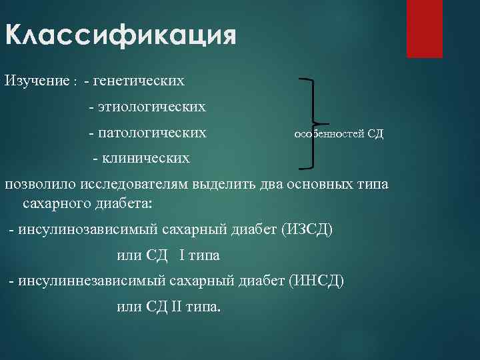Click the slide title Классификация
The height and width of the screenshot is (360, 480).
(121, 35)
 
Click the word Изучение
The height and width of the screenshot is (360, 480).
(37, 81)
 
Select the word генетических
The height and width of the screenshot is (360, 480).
(139, 81)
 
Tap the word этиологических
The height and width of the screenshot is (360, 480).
(151, 106)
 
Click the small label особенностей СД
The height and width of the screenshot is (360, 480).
(339, 133)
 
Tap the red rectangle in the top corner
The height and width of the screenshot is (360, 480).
(425, 29)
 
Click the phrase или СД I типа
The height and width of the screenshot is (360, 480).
(168, 255)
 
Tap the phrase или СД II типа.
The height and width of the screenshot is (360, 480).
(171, 307)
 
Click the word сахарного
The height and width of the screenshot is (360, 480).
(54, 201)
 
